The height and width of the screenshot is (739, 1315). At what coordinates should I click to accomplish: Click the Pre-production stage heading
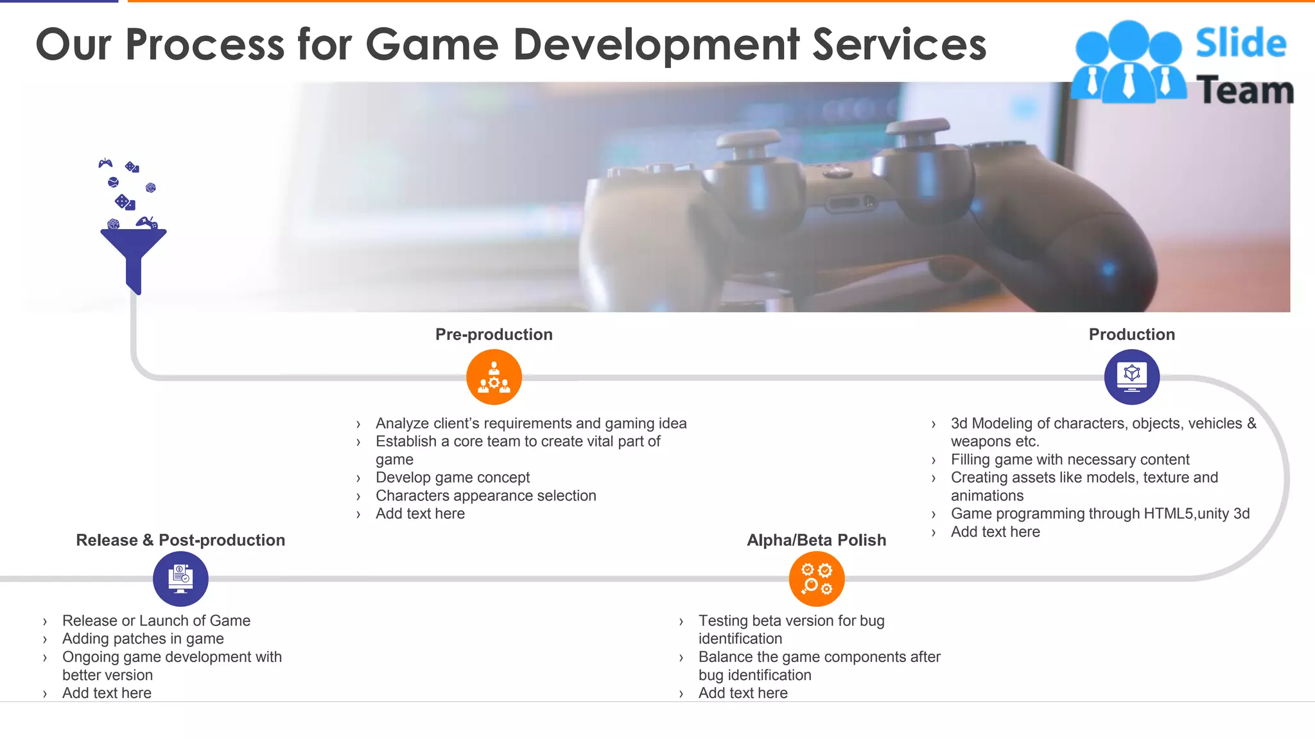(494, 334)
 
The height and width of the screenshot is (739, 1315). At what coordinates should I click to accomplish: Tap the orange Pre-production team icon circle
(494, 377)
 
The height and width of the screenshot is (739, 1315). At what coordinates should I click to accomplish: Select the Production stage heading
(1131, 334)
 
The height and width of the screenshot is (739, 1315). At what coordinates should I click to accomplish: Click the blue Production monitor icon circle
(1131, 377)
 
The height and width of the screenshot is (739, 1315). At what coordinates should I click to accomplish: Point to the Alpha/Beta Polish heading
(816, 540)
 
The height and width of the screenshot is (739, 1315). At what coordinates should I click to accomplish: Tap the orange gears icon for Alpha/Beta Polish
(816, 579)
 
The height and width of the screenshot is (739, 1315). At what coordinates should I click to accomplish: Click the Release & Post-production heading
(180, 540)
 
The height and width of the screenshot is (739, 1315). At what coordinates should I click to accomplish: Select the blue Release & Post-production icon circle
(180, 579)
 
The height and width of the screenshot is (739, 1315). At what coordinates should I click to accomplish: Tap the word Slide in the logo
(1241, 44)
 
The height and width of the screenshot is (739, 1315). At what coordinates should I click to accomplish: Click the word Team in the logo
(1244, 90)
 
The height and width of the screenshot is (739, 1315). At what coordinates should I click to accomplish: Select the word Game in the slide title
(432, 45)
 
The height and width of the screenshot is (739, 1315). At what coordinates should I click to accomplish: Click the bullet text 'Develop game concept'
(453, 477)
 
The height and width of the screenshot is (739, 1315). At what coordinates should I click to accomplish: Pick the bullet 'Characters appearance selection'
(485, 495)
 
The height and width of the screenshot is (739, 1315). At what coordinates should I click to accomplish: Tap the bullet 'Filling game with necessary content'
(1070, 459)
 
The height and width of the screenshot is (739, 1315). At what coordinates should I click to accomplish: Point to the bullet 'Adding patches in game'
(143, 638)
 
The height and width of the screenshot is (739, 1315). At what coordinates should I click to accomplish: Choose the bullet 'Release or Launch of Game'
(156, 620)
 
